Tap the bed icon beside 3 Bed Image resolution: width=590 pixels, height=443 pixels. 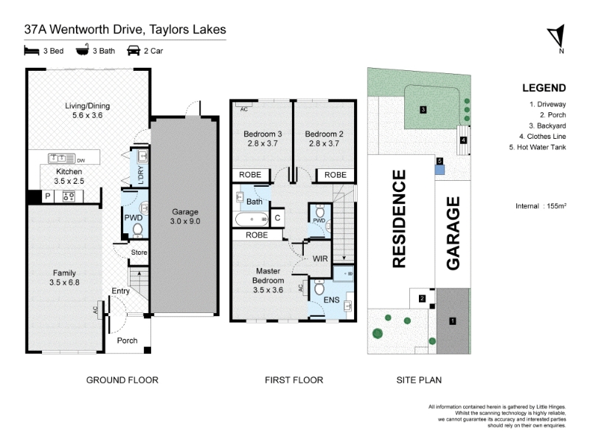[32, 50]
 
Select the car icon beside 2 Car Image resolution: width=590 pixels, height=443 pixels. [133, 50]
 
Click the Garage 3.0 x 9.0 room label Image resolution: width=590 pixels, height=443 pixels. [185, 216]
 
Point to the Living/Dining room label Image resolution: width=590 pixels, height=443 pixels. [87, 110]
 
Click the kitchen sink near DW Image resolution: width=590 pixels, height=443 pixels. [62, 158]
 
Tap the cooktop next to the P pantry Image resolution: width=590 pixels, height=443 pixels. [69, 196]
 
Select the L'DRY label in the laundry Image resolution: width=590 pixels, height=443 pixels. [141, 175]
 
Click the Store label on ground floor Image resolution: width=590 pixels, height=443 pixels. [139, 253]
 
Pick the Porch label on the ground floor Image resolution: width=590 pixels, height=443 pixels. [127, 340]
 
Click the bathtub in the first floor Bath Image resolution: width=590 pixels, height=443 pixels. [251, 219]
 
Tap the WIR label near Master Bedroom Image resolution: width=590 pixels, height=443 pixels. [320, 259]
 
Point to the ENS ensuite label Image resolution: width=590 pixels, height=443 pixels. [331, 300]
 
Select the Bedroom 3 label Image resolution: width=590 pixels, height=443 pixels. [263, 139]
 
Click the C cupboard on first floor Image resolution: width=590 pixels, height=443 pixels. [278, 218]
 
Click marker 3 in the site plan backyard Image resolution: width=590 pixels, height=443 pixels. [423, 109]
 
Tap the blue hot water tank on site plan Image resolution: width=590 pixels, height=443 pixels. [440, 170]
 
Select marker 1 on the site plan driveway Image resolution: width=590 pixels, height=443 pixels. [453, 321]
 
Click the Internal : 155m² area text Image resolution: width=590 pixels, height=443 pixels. [541, 206]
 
